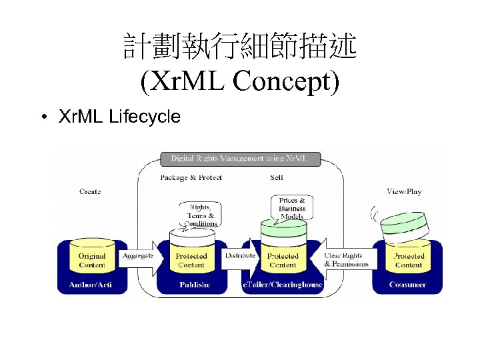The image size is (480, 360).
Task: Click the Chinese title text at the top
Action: click(x=240, y=47)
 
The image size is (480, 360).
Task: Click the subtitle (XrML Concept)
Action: click(x=240, y=81)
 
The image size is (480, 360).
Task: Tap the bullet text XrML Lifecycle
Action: click(x=119, y=117)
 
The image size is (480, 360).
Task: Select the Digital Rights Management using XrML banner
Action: click(x=239, y=159)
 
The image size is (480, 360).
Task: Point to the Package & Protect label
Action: click(x=191, y=178)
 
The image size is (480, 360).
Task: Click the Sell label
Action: click(x=277, y=178)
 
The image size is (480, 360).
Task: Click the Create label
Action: click(x=90, y=191)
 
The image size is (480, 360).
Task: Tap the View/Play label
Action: click(x=404, y=191)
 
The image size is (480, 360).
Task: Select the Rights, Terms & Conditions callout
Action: click(x=201, y=215)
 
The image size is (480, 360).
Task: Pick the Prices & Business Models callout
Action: click(x=292, y=208)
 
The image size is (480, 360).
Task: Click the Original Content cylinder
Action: click(x=92, y=260)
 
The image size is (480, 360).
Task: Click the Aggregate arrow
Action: click(x=139, y=257)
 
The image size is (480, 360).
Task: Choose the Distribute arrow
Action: click(x=241, y=257)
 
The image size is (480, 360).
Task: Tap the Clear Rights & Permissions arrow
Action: click(x=343, y=259)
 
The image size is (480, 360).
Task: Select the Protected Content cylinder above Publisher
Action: click(x=191, y=257)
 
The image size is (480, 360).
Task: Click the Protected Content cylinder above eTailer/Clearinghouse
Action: click(x=283, y=257)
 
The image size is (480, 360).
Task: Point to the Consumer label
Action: click(x=408, y=285)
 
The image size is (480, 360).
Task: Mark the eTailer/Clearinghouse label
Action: click(x=283, y=285)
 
